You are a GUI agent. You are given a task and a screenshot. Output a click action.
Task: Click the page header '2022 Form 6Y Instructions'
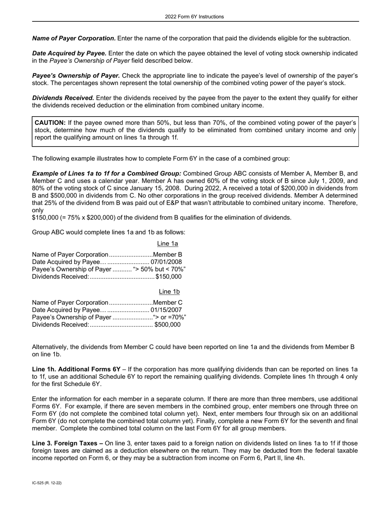tap(195, 17)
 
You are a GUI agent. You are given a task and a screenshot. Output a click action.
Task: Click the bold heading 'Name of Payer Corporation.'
tap(74, 39)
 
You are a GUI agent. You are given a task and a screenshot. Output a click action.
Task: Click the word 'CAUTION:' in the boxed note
tap(50, 123)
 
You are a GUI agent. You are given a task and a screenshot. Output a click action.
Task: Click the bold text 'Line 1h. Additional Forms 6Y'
tap(76, 370)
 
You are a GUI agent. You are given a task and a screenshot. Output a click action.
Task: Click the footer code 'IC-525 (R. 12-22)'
tap(47, 483)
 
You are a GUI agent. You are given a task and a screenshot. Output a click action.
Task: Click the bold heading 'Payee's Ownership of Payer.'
tap(76, 76)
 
